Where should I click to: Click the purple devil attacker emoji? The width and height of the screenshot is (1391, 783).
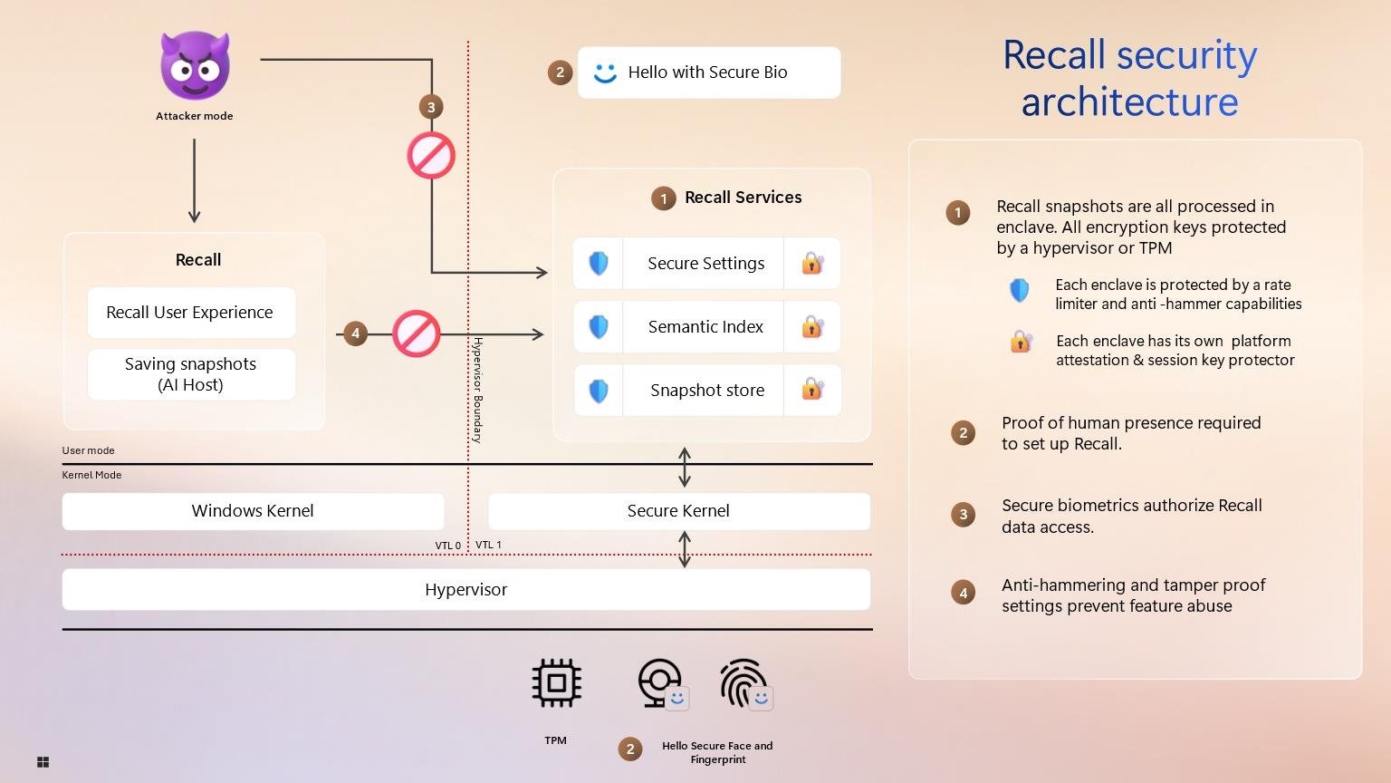195,65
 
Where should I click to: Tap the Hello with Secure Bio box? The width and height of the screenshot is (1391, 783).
708,72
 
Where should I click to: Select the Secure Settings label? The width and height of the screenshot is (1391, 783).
705,264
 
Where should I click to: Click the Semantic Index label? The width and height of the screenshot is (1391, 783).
705,327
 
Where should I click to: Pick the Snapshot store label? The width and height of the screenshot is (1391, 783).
706,391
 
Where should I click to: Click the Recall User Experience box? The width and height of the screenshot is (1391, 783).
190,313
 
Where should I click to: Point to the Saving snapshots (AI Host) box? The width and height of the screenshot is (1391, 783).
190,374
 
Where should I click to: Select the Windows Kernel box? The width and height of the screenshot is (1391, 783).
253,511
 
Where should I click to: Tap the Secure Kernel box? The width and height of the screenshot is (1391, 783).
678,511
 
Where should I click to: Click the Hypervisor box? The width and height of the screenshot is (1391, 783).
465,590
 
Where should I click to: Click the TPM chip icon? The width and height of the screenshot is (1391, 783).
556,683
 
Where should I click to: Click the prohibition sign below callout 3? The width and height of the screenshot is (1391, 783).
431,155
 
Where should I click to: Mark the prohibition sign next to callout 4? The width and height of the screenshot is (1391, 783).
417,333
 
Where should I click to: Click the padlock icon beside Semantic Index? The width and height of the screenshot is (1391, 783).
812,327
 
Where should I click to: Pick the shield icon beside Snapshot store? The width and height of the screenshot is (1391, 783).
599,391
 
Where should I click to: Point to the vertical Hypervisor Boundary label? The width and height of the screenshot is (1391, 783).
477,390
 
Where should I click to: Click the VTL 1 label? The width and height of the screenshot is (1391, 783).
488,545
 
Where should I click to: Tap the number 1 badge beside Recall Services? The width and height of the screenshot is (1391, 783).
663,198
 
